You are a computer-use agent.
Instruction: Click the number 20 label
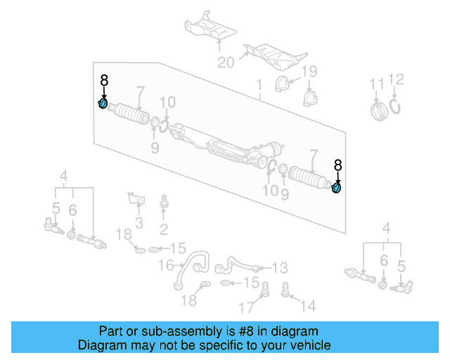click(x=225, y=63)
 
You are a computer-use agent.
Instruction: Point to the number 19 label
click(x=309, y=72)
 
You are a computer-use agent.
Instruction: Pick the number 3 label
click(x=139, y=224)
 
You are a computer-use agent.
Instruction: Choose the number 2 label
click(x=164, y=229)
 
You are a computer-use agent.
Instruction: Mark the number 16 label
click(x=166, y=265)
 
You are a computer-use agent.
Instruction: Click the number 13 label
click(x=279, y=267)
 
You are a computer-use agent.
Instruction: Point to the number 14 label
click(x=308, y=306)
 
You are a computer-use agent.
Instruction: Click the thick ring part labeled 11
click(x=380, y=110)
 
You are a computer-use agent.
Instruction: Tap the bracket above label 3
click(x=135, y=198)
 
